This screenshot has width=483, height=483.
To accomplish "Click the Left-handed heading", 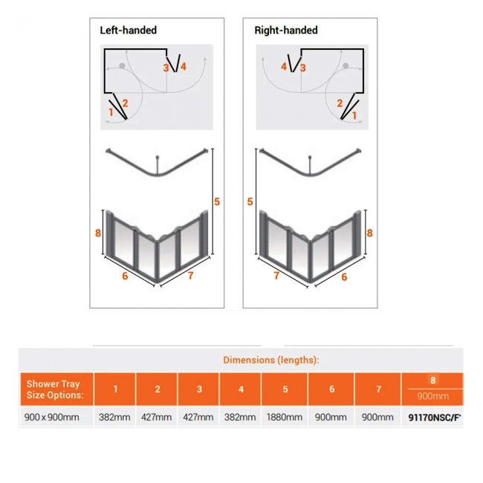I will coord(129,30).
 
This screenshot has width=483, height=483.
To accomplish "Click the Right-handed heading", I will coord(286,30).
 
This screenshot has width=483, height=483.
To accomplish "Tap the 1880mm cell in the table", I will coord(285,417).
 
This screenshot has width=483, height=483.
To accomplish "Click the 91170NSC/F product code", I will coord(435,417).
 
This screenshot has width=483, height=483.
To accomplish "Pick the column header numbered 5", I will coord(285,389).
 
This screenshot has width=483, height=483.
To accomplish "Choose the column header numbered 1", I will coord(115,389).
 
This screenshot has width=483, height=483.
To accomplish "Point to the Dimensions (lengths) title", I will coord(271,360).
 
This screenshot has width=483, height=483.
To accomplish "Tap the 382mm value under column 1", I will coord(115,417).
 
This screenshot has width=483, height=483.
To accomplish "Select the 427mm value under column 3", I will coord(198,417).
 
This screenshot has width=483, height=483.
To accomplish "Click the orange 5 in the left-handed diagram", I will coord(217,201).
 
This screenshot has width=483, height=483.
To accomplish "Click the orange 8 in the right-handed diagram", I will coord(369,233).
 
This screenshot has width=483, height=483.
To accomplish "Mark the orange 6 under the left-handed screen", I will coord(125,276).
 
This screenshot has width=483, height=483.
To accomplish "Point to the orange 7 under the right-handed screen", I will coord(277,276).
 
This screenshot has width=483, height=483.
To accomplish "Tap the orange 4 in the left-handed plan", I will coord(183,67).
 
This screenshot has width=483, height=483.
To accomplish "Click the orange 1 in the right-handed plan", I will coord(354,115).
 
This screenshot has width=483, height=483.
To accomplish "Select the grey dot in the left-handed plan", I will coord(122,68).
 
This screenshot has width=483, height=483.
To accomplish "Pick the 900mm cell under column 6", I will coord(331,417).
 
